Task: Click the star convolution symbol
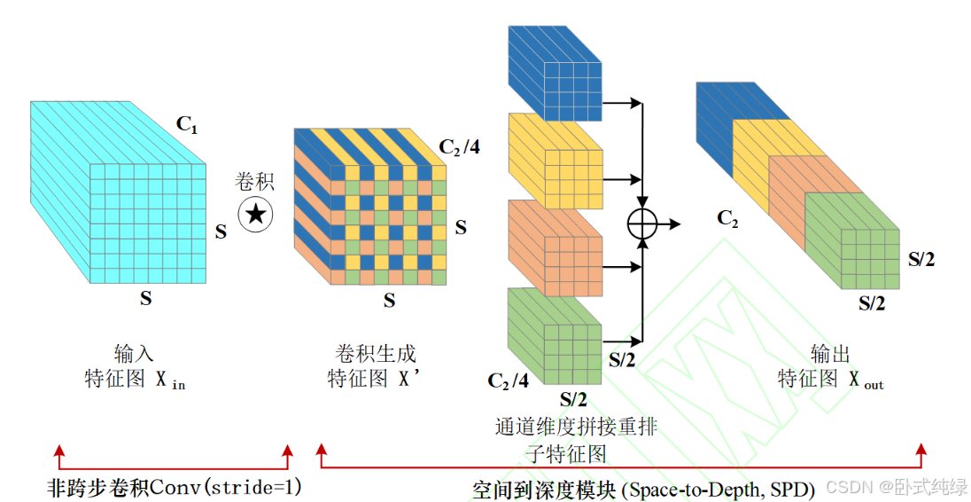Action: pos(256,215)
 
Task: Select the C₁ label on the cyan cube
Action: pos(187,124)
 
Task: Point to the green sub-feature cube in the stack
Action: pos(555,333)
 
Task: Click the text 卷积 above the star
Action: pos(254,182)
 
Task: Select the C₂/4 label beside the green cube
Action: pos(509,380)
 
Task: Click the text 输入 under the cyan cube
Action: pos(135,355)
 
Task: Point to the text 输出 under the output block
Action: pos(830,355)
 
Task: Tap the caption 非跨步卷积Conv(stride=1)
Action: pos(175,487)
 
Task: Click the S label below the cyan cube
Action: pos(145,298)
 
